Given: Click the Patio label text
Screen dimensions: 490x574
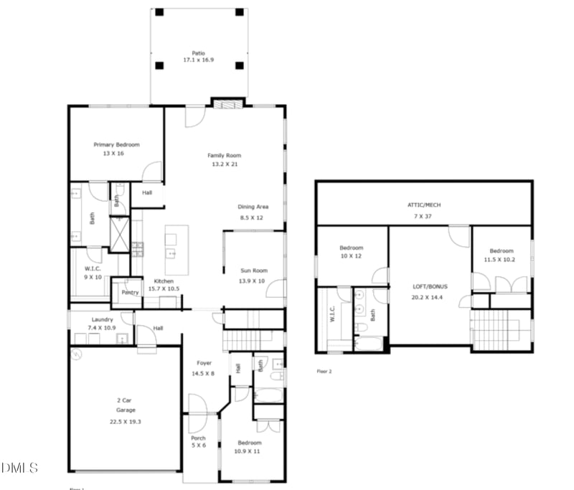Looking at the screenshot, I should pyautogui.click(x=197, y=53).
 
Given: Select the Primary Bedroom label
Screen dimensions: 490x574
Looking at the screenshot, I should pyautogui.click(x=116, y=145).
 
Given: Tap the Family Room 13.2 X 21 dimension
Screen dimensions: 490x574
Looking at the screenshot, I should pyautogui.click(x=225, y=164).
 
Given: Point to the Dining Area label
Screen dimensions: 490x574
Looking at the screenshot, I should pyautogui.click(x=253, y=207).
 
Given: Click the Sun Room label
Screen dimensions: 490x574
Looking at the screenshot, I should pyautogui.click(x=253, y=270).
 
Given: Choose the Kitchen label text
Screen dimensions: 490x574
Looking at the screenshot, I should pyautogui.click(x=164, y=281).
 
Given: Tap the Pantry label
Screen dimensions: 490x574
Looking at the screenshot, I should pyautogui.click(x=130, y=292).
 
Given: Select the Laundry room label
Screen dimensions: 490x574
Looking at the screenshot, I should pyautogui.click(x=102, y=319).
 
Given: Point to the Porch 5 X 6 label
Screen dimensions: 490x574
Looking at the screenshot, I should pyautogui.click(x=198, y=442).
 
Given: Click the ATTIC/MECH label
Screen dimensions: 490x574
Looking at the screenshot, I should pyautogui.click(x=424, y=205).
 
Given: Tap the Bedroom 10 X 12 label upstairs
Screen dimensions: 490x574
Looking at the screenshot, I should pyautogui.click(x=351, y=252).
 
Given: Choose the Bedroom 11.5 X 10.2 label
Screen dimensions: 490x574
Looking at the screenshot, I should pyautogui.click(x=502, y=255).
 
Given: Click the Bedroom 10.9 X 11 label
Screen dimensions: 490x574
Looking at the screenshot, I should pyautogui.click(x=250, y=447).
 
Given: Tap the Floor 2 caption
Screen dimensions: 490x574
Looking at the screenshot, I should pyautogui.click(x=324, y=371).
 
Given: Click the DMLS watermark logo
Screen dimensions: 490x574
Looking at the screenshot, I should pyautogui.click(x=19, y=468).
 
